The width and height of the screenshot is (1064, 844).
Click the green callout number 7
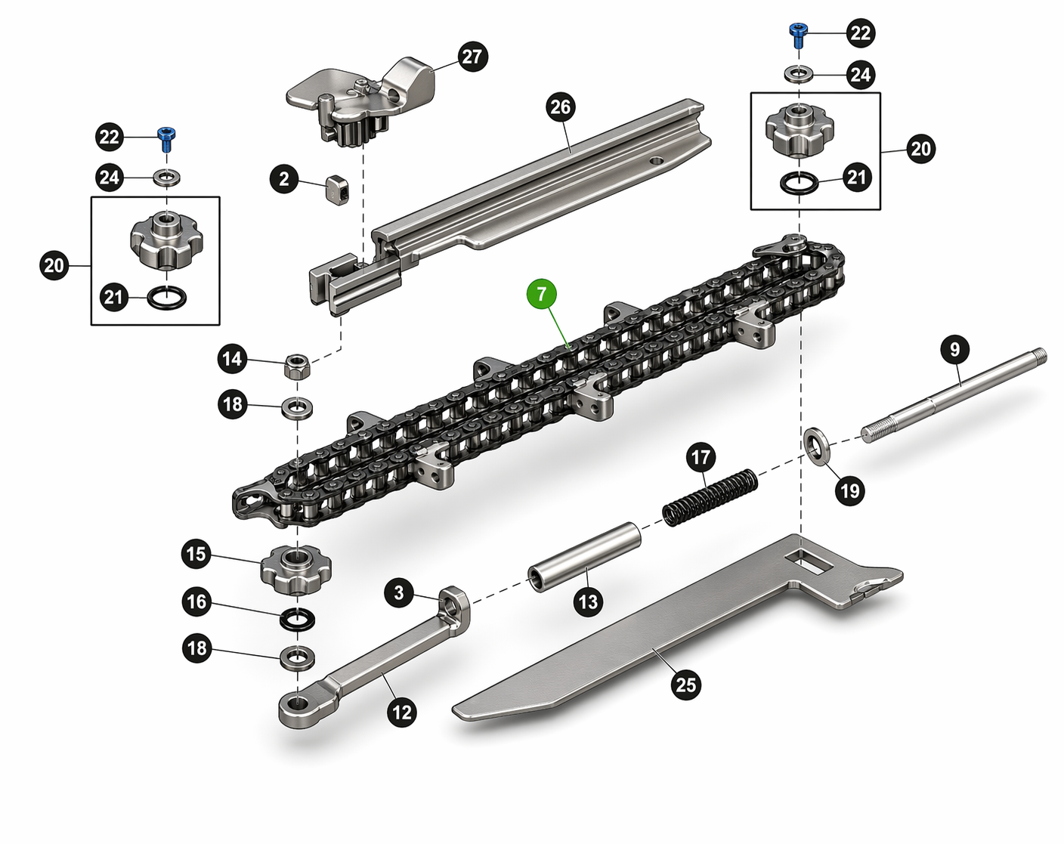[x=542, y=294]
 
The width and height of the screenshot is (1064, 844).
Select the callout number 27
[x=472, y=57]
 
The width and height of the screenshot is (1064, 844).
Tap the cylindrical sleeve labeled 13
[x=584, y=558]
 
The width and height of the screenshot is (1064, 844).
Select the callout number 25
[x=685, y=685]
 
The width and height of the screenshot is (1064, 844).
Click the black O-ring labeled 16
[x=298, y=620]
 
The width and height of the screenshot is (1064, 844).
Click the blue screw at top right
[x=799, y=32]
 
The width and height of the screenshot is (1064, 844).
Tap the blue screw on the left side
[x=165, y=138]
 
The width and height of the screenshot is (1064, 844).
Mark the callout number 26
[x=560, y=107]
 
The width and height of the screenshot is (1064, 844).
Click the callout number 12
[x=401, y=712]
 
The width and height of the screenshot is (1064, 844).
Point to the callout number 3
[x=400, y=592]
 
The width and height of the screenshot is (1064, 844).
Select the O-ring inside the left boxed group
[x=165, y=297]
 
